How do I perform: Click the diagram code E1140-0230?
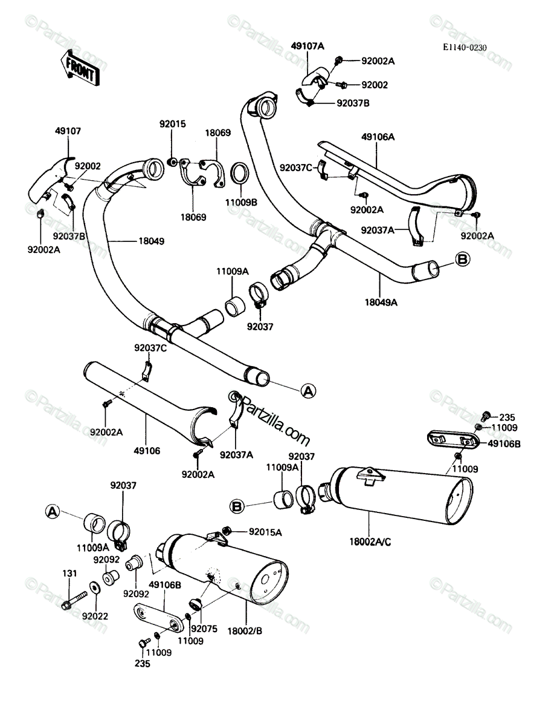click(x=465, y=48)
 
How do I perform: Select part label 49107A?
click(x=308, y=47)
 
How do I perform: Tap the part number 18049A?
click(x=381, y=302)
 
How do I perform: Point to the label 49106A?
click(x=378, y=137)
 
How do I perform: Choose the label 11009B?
click(x=241, y=203)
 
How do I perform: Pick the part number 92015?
click(x=173, y=124)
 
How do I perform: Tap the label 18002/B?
click(x=245, y=631)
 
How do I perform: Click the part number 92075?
click(x=205, y=629)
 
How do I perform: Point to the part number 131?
click(x=69, y=573)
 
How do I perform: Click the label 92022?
click(x=95, y=616)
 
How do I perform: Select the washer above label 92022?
click(x=95, y=587)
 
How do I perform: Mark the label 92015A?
click(x=265, y=532)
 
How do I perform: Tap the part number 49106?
click(x=147, y=451)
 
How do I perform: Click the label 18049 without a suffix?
click(x=151, y=241)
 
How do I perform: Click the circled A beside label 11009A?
click(x=53, y=512)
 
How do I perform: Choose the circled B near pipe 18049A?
click(x=463, y=259)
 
